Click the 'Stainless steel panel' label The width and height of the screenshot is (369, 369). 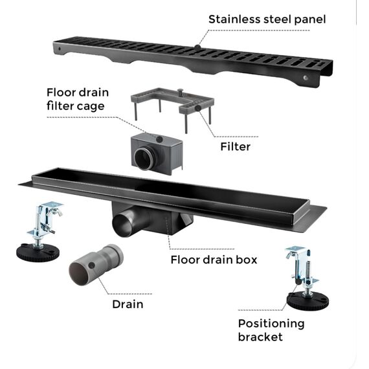[267, 19]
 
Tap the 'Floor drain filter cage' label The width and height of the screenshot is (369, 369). [78, 99]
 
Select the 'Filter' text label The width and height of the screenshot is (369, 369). [236, 146]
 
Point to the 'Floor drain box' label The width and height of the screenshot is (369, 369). [214, 260]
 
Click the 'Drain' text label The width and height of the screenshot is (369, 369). [128, 304]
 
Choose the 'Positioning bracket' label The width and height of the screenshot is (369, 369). [271, 330]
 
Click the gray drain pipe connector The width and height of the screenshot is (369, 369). [96, 265]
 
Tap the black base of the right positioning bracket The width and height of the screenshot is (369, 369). [307, 300]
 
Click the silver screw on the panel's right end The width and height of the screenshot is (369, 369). [305, 78]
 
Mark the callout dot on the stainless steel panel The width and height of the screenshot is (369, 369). [197, 47]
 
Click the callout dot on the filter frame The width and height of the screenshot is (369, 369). [198, 108]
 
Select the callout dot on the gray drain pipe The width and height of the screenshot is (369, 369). [91, 265]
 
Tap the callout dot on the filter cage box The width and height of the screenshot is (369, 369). [159, 139]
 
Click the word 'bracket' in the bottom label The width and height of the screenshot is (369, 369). [260, 337]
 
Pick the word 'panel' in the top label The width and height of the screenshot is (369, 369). [310, 20]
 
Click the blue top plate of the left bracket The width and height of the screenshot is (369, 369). [52, 205]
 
